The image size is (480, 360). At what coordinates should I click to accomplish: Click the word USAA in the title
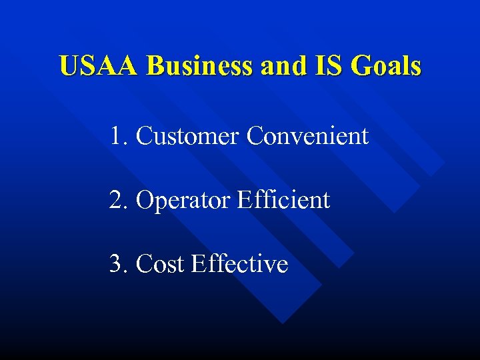(x=99, y=67)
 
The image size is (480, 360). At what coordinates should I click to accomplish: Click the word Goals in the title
(x=386, y=67)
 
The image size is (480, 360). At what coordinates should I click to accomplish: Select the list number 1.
(x=118, y=136)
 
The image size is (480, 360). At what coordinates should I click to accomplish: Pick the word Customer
(x=187, y=136)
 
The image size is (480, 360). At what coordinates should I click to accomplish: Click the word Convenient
(x=307, y=136)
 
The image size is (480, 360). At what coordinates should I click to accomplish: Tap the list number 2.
(x=118, y=200)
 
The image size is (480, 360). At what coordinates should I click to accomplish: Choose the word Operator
(x=180, y=200)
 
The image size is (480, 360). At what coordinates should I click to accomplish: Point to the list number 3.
(x=118, y=264)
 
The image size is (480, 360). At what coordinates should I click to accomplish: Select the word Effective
(x=239, y=264)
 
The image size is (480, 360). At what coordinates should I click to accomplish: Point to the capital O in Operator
(x=144, y=200)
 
